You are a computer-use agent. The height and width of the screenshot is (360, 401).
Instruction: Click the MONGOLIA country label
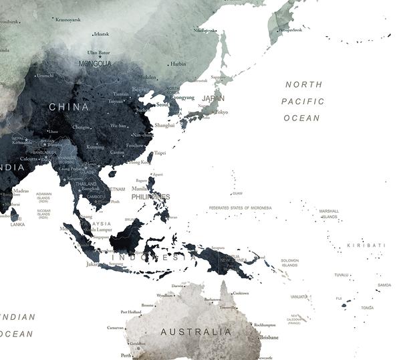click(x=95, y=64)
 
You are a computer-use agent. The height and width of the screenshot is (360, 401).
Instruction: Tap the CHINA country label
click(x=68, y=106)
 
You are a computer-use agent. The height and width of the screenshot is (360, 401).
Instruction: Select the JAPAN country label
click(x=213, y=98)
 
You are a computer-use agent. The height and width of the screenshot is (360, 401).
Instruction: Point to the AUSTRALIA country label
click(x=196, y=331)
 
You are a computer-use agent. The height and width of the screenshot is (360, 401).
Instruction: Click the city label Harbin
click(x=178, y=64)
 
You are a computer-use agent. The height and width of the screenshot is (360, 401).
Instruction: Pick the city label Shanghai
click(x=164, y=125)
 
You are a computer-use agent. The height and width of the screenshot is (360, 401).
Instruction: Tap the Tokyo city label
click(x=221, y=112)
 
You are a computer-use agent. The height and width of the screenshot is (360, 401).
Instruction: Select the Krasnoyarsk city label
click(x=68, y=19)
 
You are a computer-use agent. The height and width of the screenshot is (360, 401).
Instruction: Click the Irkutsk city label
click(x=102, y=33)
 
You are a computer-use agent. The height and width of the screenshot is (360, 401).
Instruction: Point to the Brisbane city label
click(x=269, y=337)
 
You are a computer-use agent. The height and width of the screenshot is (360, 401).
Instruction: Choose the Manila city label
click(x=139, y=189)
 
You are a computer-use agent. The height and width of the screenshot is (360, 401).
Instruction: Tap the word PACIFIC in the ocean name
click(x=303, y=101)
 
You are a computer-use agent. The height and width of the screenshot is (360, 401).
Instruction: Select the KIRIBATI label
click(x=366, y=246)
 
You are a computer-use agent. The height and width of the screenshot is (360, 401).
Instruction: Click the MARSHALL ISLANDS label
click(x=329, y=213)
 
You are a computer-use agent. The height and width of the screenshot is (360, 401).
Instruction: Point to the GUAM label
click(x=237, y=194)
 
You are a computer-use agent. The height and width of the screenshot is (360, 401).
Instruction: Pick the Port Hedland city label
click(x=131, y=312)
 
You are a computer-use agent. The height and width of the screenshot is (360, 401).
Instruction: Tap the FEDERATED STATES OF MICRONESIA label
click(x=240, y=208)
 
